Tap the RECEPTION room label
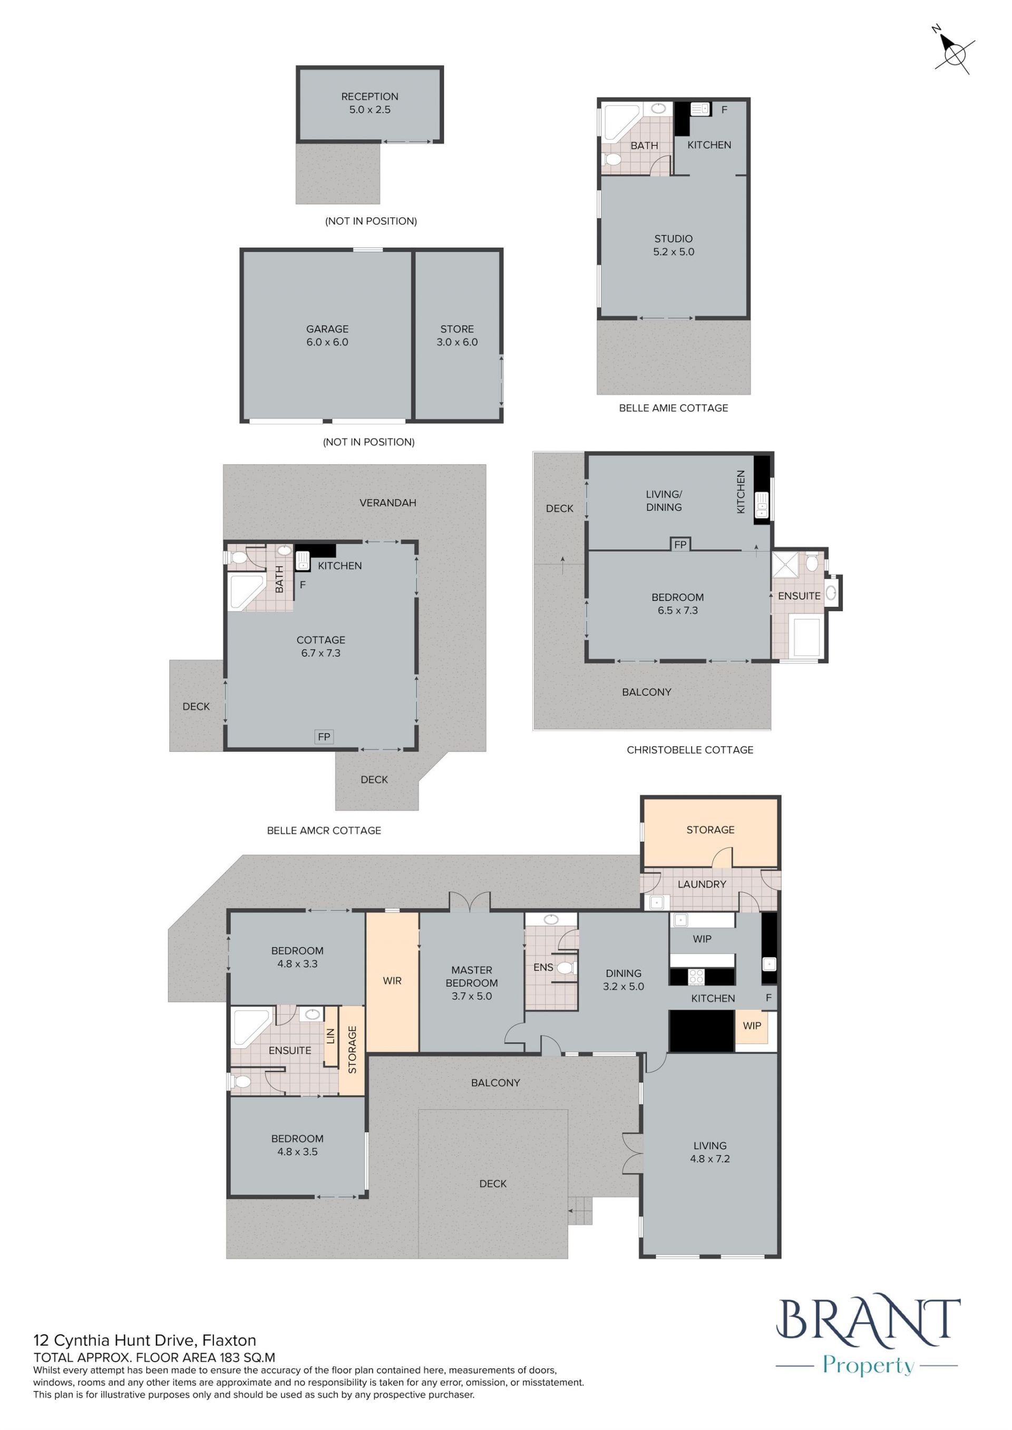(369, 96)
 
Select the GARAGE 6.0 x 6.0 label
(327, 335)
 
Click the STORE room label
(457, 329)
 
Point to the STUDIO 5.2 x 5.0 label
(674, 245)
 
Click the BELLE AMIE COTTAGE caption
(673, 408)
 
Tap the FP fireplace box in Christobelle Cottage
(680, 544)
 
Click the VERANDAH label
(387, 502)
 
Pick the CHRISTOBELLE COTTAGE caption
(690, 750)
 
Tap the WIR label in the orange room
(392, 981)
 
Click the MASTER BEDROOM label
(472, 977)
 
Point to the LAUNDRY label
(702, 884)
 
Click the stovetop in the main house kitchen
(696, 977)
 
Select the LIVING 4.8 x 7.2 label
(710, 1152)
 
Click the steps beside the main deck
(580, 1210)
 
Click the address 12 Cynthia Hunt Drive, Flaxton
(144, 1340)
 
